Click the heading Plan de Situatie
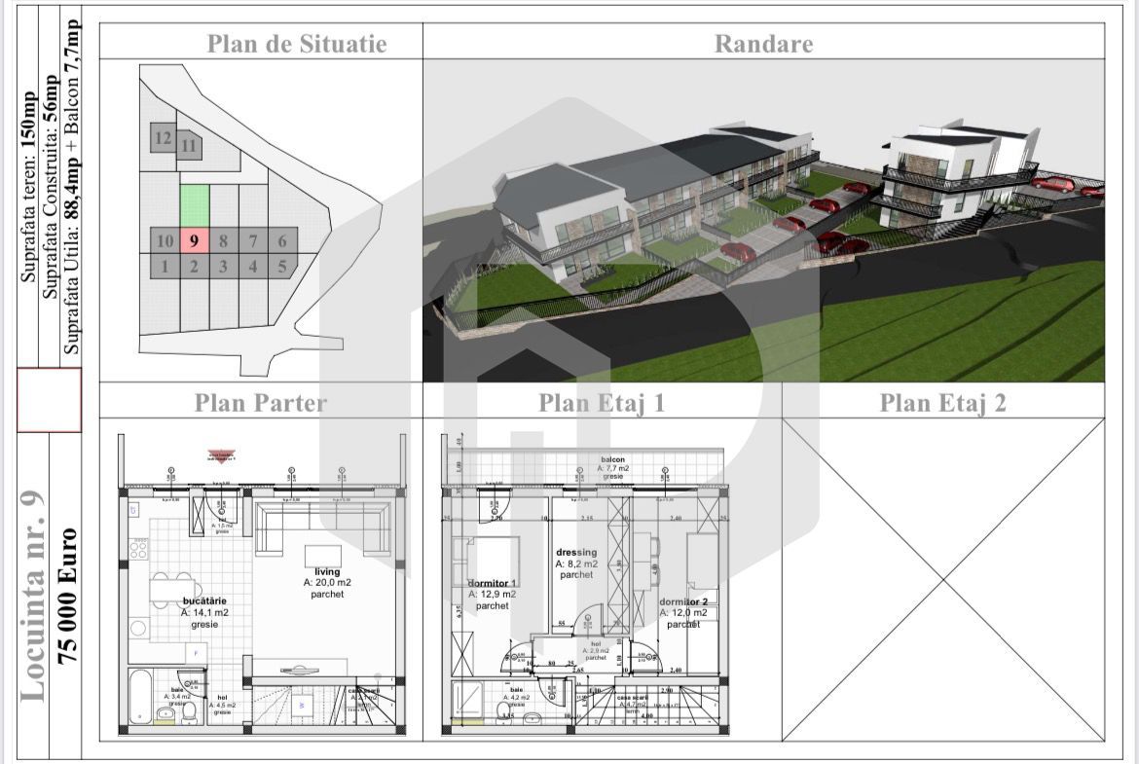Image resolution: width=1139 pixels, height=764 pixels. tap(297, 44)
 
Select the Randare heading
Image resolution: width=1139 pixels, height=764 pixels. tap(763, 44)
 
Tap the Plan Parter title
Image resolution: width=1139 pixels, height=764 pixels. tap(261, 403)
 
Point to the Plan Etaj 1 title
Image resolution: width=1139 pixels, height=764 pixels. tap(602, 403)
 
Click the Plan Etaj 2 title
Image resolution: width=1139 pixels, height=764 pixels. tap(942, 403)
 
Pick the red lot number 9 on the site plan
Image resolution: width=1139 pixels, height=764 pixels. tap(195, 240)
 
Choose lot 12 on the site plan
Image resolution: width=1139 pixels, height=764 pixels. tap(164, 138)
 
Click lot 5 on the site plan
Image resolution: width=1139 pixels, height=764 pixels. tap(282, 266)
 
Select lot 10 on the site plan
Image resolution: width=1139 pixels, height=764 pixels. tap(165, 240)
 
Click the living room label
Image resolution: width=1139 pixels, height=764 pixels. tap(327, 572)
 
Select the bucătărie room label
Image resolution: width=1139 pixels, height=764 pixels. tap(204, 602)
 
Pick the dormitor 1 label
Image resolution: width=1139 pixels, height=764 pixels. tap(492, 583)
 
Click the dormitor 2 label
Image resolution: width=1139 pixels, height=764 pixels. tap(683, 601)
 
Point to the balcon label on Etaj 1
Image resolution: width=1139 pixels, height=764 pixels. tap(612, 459)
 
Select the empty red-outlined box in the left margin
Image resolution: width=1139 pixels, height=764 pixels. tap(49, 401)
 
